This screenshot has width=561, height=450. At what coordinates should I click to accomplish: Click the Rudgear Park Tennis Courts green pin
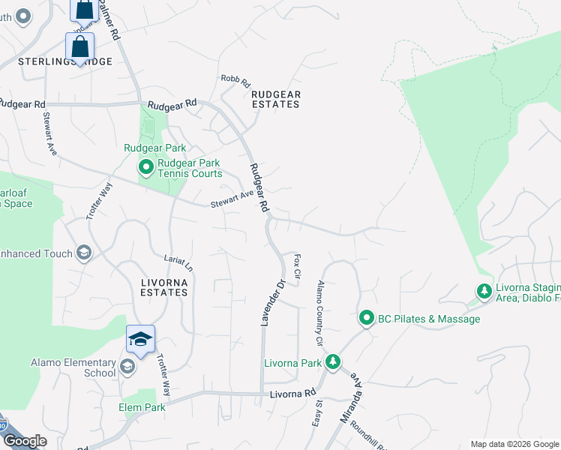click(x=145, y=168)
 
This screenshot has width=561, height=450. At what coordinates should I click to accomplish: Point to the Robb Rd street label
click(x=234, y=80)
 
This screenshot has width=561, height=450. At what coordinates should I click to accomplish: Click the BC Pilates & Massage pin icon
click(x=366, y=319)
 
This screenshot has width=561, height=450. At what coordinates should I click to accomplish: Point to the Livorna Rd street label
click(x=289, y=393)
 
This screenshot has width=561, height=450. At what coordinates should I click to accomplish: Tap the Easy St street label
click(x=317, y=414)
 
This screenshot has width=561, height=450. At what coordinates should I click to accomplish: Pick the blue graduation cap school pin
click(x=140, y=339)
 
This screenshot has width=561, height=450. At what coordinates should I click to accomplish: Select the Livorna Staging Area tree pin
click(x=485, y=290)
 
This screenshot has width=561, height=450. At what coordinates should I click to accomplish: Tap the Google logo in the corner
click(x=24, y=441)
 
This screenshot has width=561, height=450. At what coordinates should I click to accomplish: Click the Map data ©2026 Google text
click(x=514, y=444)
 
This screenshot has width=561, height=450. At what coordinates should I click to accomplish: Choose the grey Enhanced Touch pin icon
click(x=83, y=253)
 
